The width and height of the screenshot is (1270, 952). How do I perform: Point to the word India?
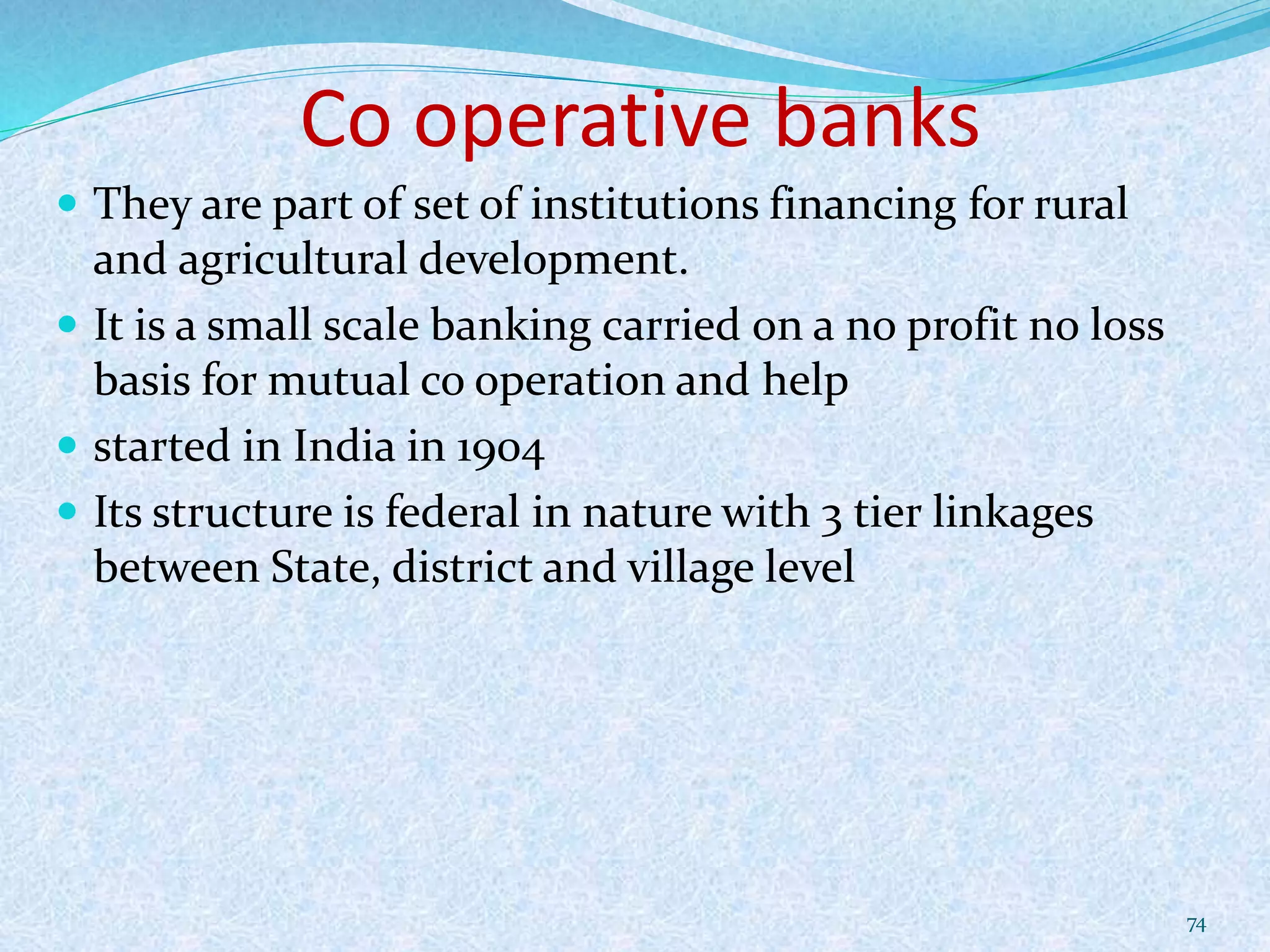click(343, 446)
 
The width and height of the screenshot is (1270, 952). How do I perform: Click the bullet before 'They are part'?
click(69, 203)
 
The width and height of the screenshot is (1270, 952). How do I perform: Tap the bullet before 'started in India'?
click(69, 445)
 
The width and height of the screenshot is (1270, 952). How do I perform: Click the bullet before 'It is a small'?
click(69, 324)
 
